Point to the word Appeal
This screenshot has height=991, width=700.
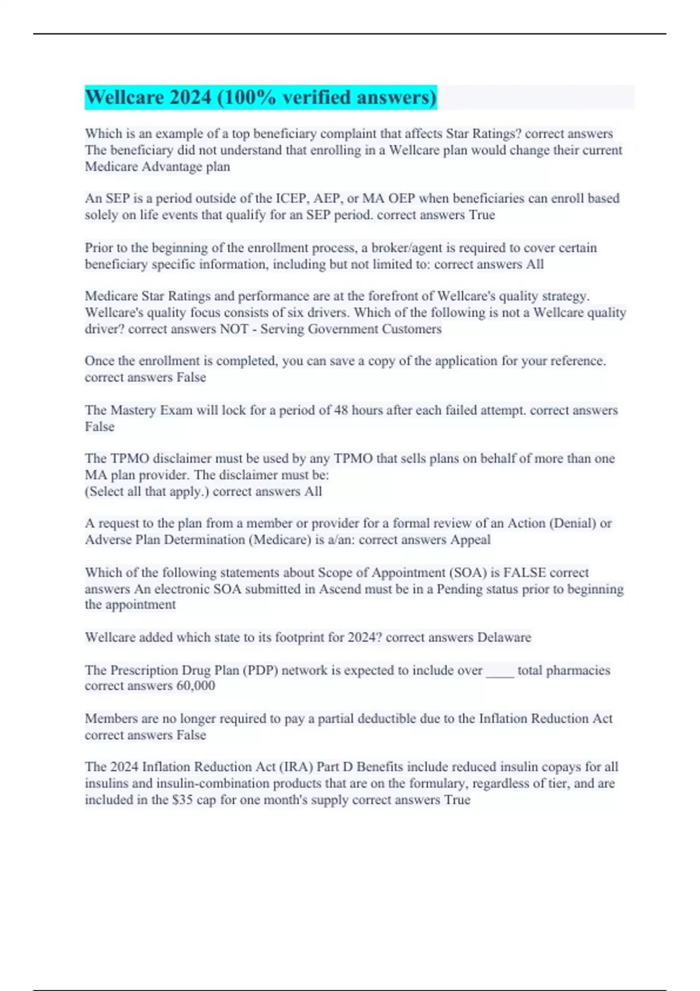(470, 540)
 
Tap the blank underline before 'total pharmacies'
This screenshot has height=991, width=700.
(500, 670)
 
